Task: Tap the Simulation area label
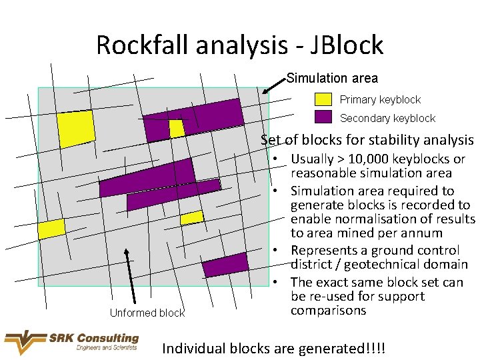[332, 79]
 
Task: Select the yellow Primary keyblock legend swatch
[323, 99]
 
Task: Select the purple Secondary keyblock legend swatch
[323, 117]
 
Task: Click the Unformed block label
[147, 313]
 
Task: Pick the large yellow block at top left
[76, 128]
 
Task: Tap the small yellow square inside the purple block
[176, 128]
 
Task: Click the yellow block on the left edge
[51, 229]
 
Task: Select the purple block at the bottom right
[225, 265]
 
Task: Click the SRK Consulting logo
[71, 342]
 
